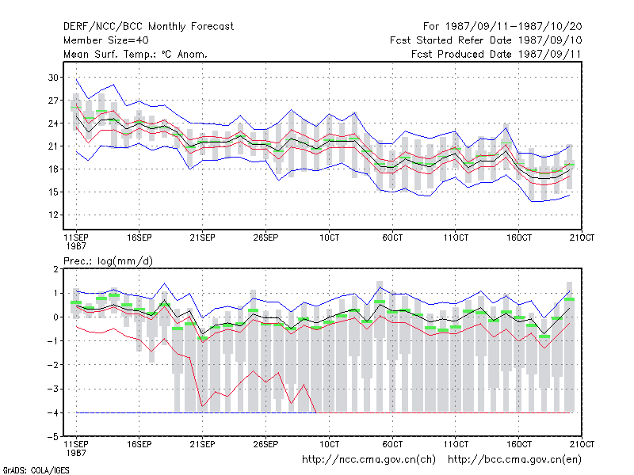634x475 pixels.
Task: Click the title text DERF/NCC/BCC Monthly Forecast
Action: click(x=148, y=27)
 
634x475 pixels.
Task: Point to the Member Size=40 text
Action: click(x=106, y=40)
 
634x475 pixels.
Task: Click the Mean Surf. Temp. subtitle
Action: click(x=136, y=54)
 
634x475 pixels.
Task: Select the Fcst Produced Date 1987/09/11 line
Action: click(x=496, y=54)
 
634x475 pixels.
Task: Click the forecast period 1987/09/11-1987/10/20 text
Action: click(x=502, y=27)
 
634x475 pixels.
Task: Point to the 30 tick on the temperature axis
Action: click(x=53, y=78)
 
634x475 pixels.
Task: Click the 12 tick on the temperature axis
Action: click(x=53, y=215)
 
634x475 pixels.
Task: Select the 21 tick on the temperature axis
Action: click(x=53, y=146)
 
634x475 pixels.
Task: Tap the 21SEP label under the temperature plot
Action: click(x=203, y=237)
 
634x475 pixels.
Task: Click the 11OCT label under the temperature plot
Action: click(x=456, y=237)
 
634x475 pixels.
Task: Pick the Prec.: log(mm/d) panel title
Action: click(x=108, y=261)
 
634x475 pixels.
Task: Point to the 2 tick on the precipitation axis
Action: click(x=55, y=269)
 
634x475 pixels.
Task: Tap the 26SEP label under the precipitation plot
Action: click(x=265, y=444)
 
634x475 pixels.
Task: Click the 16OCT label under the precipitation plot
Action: click(x=519, y=444)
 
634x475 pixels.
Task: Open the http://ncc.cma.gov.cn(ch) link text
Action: click(x=369, y=460)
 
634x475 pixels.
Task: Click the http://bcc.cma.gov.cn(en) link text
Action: click(x=514, y=460)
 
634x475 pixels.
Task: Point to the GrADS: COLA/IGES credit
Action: click(x=36, y=470)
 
